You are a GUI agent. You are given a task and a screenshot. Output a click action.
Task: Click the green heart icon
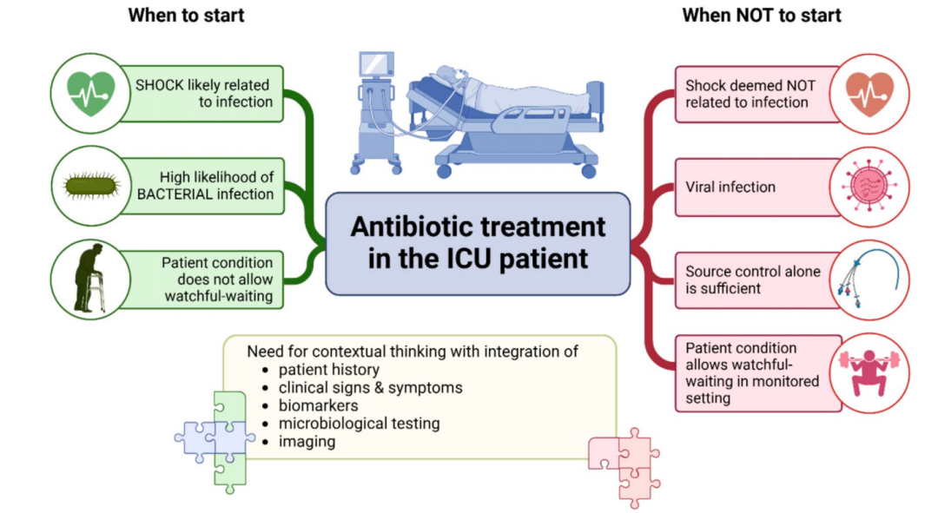[90, 93]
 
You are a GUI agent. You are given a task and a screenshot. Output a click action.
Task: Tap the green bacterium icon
[91, 186]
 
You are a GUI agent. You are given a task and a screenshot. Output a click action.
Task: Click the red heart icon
[869, 94]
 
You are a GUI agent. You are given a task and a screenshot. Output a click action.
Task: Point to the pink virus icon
[869, 187]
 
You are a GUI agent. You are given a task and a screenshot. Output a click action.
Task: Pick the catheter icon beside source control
[869, 279]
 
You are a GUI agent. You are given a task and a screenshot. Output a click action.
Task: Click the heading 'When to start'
[186, 15]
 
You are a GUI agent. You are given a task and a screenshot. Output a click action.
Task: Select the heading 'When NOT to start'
[762, 15]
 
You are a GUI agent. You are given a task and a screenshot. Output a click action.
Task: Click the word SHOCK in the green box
[159, 85]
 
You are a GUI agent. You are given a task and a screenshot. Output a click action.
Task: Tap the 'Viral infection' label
[730, 187]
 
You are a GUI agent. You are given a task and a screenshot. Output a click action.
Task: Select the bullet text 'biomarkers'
[318, 405]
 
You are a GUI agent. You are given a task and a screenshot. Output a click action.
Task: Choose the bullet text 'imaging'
[307, 442]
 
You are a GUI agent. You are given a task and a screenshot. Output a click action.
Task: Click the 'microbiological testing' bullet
[359, 424]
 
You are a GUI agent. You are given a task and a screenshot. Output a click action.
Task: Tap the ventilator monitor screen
[376, 63]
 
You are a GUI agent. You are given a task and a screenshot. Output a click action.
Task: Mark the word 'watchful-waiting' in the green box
[218, 296]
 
